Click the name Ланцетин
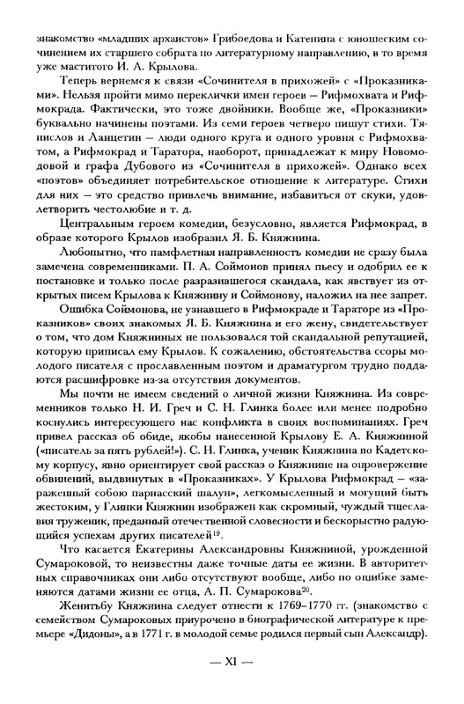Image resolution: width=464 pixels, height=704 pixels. coord(120,136)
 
